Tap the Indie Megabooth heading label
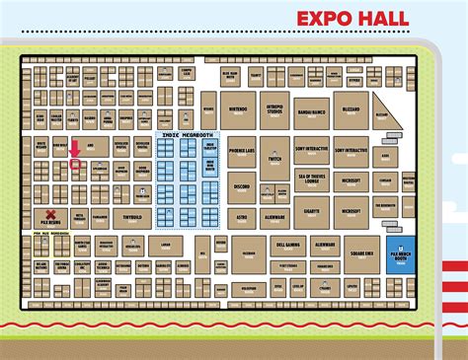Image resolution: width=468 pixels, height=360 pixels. tap(188, 134)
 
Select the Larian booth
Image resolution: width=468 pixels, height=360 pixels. tap(165, 246)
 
